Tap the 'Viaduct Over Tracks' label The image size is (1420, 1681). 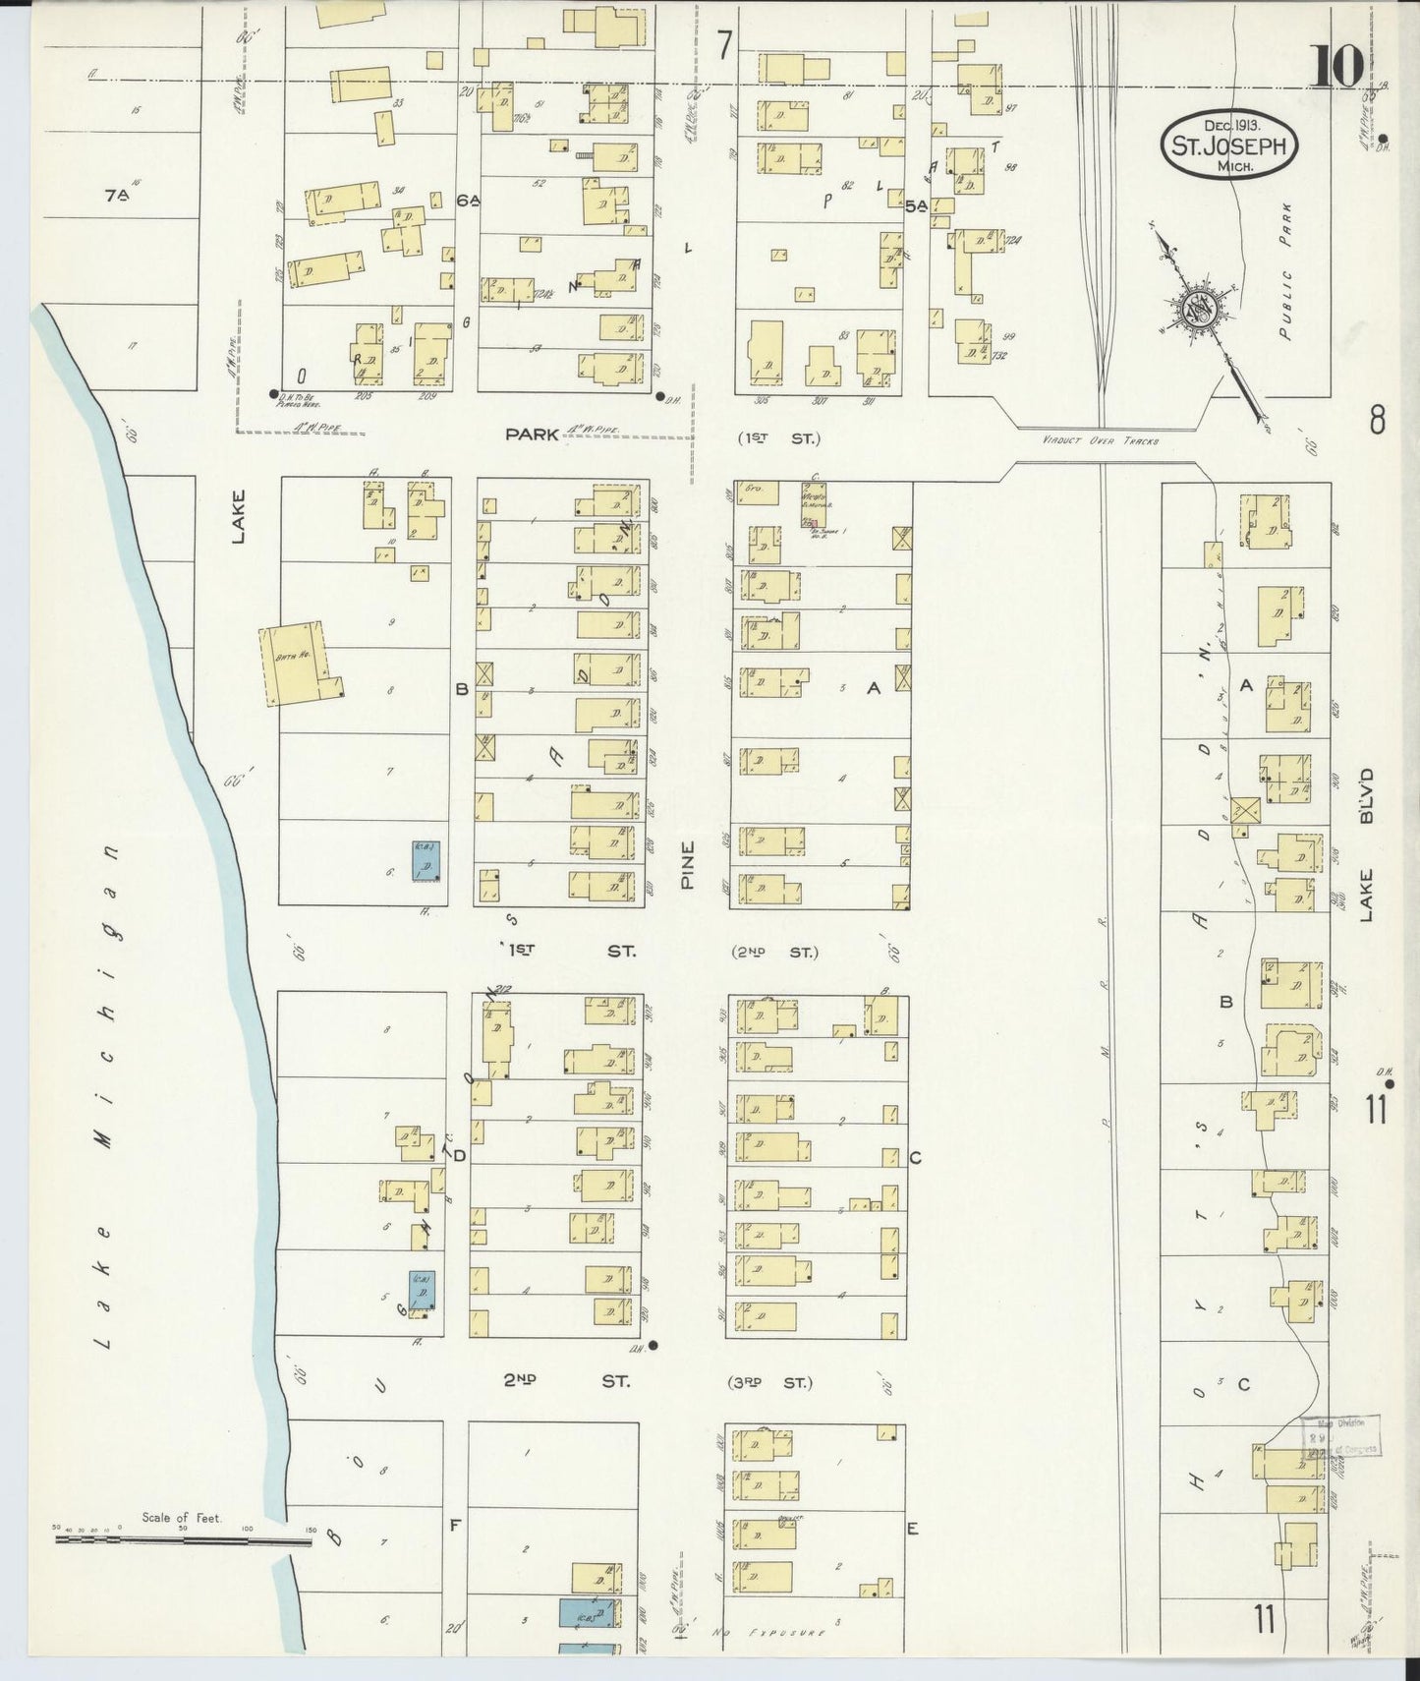(x=1101, y=441)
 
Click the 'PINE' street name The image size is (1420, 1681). (x=687, y=866)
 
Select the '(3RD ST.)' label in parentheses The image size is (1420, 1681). (x=771, y=1383)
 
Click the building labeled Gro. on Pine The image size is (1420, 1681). (x=757, y=493)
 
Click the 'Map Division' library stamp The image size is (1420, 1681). (x=1342, y=1436)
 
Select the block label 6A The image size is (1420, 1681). (x=469, y=201)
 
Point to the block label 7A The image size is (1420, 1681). (x=118, y=196)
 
